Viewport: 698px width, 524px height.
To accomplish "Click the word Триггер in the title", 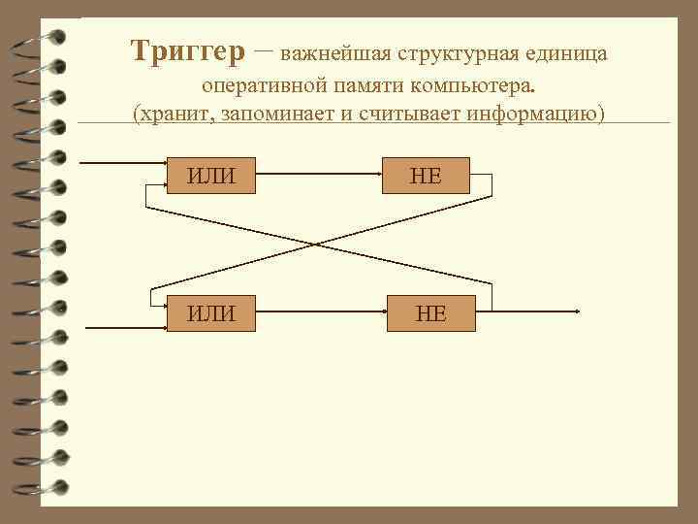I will [x=189, y=51].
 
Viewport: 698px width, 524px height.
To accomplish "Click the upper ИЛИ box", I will [x=211, y=176].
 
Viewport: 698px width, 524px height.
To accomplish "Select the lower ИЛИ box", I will [x=211, y=312].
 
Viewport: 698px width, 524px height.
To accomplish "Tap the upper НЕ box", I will [x=427, y=176].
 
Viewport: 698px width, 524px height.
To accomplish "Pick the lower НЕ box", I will [x=431, y=312].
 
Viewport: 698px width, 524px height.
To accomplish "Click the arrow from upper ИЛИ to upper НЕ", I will [x=320, y=176].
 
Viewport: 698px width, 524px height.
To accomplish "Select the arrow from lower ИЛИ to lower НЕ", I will [x=322, y=312].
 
